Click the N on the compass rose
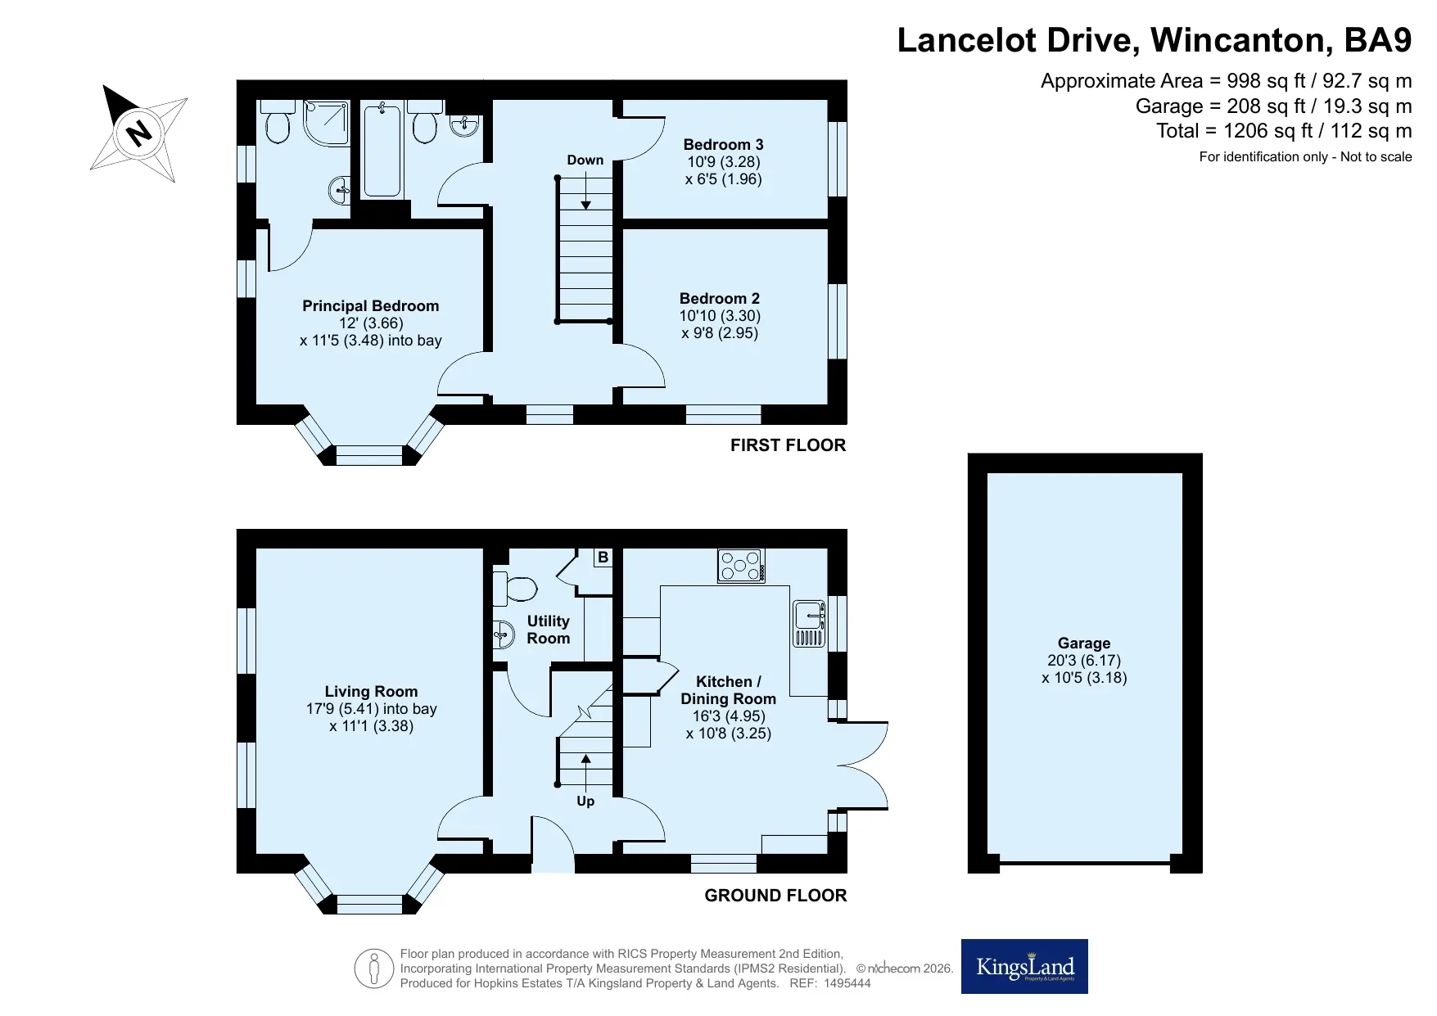point(140,132)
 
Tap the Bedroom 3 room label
point(723,145)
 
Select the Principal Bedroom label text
point(371,306)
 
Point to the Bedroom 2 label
point(720,299)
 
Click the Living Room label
point(371,692)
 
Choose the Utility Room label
point(549,630)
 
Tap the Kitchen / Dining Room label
point(729,690)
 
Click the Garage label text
point(1084,643)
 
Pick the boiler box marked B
point(603,558)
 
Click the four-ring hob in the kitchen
point(741,566)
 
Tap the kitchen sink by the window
point(808,624)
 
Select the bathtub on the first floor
point(382,150)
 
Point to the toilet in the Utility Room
point(515,588)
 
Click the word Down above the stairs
point(585,160)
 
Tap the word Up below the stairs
point(585,802)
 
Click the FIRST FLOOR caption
point(788,445)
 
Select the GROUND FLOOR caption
point(775,896)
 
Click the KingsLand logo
point(1024,967)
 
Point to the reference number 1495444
point(847,983)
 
